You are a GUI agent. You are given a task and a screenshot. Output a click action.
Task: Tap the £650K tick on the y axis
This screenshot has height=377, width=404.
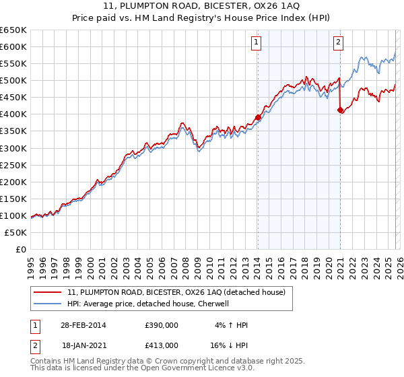(13, 30)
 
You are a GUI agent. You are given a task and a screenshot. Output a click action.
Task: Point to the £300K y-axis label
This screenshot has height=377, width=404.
(13, 148)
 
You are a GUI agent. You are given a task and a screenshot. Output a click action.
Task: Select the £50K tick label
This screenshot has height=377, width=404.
(15, 232)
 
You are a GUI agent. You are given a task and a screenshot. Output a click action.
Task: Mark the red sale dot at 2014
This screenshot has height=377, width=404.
(258, 117)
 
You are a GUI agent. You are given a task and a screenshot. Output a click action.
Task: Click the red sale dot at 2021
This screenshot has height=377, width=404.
(340, 110)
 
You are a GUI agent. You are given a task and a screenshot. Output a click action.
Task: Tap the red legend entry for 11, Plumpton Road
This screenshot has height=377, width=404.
(176, 292)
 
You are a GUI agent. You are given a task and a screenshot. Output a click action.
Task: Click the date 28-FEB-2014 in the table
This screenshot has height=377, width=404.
(83, 325)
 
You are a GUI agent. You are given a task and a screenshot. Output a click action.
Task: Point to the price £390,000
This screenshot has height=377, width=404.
(162, 325)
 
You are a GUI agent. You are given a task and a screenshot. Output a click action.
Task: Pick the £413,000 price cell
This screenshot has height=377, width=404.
(162, 345)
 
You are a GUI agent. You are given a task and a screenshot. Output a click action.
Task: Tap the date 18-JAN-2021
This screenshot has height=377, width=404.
(83, 345)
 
